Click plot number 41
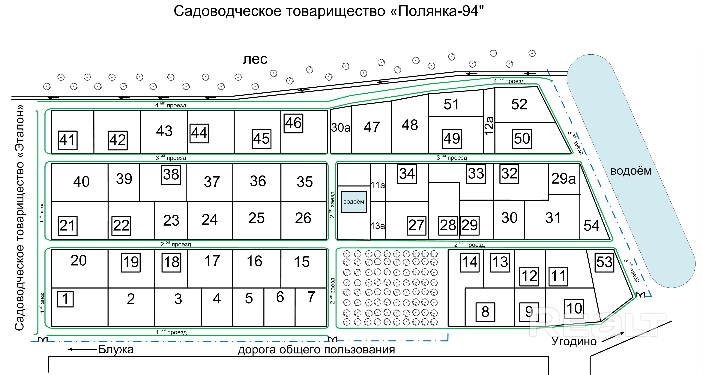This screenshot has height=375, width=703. click(68, 140)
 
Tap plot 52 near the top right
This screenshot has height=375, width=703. click(519, 104)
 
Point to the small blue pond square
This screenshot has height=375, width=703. click(354, 202)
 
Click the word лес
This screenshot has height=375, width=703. click(255, 59)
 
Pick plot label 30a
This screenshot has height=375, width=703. click(341, 128)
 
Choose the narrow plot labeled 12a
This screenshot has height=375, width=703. click(489, 126)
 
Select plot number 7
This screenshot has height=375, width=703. click(311, 297)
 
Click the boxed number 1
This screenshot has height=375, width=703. click(65, 299)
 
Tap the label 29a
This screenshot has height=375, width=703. click(564, 179)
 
